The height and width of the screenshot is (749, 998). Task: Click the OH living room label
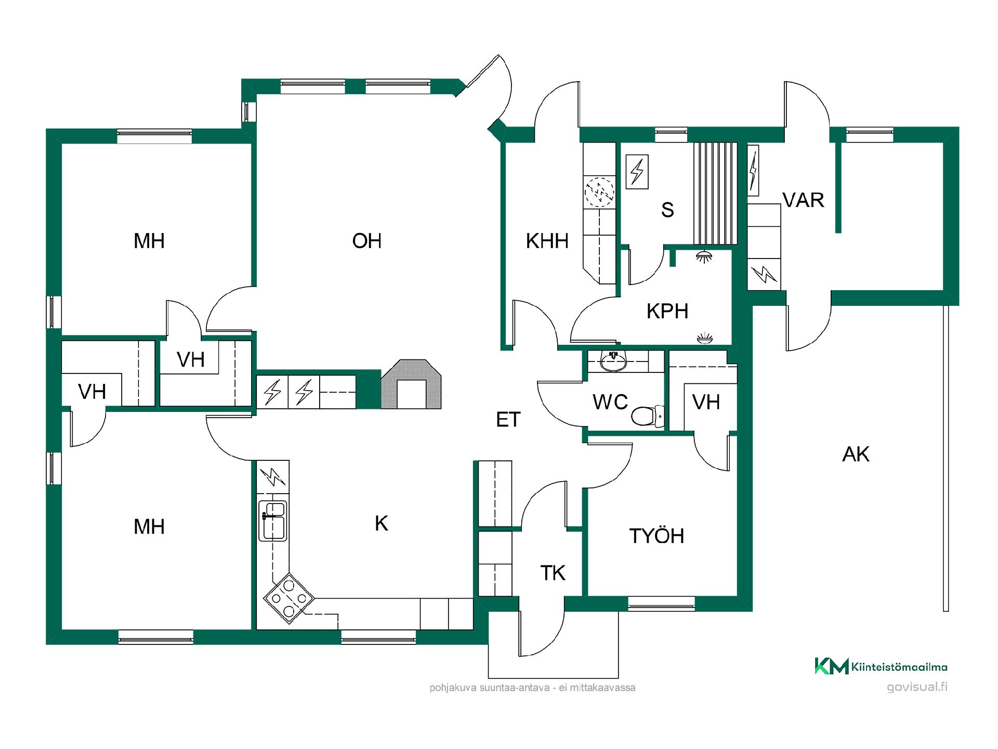pos(367,241)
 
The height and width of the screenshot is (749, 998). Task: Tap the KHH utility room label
pos(547,241)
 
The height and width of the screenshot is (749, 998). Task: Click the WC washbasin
pos(613,361)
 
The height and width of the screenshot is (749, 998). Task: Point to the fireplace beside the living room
pos(412,384)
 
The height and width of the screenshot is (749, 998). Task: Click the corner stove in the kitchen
pos(289,598)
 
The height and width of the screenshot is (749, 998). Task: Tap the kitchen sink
pos(273,520)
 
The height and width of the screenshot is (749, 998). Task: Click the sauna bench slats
pos(715,193)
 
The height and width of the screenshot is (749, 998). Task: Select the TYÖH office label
pos(656,536)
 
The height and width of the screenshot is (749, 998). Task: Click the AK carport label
pos(856,455)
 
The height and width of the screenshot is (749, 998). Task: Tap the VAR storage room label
pos(803,200)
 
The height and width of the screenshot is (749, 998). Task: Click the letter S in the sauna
pos(667,210)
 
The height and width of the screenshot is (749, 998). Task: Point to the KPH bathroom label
pos(667,311)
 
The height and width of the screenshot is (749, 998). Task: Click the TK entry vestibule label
pos(553,573)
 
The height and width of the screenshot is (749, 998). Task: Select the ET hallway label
pos(508,420)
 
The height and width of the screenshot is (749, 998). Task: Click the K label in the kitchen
pos(382,524)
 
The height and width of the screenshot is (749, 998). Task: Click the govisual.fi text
pos(917,687)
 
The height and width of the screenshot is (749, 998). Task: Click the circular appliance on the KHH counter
pos(599,192)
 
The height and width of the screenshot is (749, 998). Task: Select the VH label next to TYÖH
pos(706,402)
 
